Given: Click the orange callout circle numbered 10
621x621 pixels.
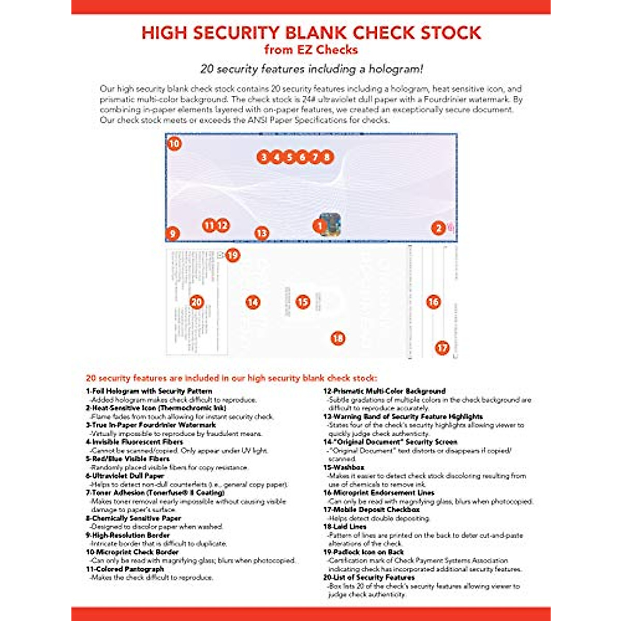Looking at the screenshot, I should coord(174,143).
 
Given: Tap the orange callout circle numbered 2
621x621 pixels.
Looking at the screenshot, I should coord(438,228).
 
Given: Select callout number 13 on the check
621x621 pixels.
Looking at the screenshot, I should coord(262,233).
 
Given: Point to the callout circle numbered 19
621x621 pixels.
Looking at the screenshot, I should coord(233,255).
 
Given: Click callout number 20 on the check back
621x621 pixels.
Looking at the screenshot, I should coord(197,302).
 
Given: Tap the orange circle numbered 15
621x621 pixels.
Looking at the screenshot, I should coord(303,302).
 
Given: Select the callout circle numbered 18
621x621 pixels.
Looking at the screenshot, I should coord(337,338).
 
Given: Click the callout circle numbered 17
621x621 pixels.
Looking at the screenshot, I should coord(442,348).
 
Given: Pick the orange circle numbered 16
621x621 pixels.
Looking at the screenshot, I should coord(433,302).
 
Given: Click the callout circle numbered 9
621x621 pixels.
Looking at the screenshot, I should coord(172,233).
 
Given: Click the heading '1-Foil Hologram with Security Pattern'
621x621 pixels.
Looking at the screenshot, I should coord(149,391).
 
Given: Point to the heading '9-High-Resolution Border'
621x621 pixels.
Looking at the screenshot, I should coord(128,535).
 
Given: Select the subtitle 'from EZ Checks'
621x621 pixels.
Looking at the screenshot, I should coord(310,50).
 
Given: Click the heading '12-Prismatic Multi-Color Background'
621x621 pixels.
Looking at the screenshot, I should coord(384,391).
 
